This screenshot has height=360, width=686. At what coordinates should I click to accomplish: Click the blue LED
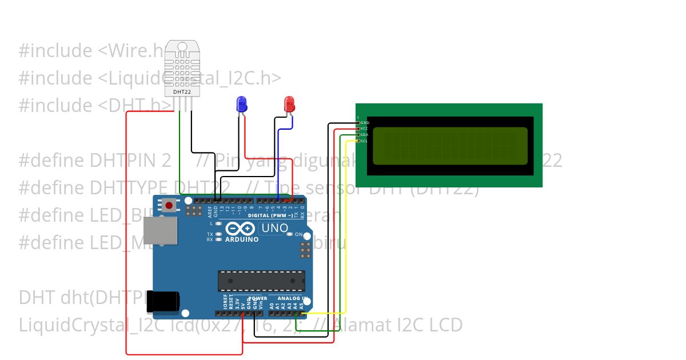(x=242, y=104)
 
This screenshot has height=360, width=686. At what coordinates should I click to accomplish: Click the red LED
(x=289, y=104)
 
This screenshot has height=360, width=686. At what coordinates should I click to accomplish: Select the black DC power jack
(x=163, y=301)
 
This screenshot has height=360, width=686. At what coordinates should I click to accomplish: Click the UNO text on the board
(x=275, y=228)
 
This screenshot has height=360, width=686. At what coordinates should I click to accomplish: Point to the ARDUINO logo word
(x=242, y=239)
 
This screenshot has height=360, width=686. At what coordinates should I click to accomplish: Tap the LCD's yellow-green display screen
(x=449, y=145)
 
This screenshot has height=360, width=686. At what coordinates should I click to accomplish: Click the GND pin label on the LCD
(x=365, y=123)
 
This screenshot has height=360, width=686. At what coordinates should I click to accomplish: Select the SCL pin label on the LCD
(x=364, y=141)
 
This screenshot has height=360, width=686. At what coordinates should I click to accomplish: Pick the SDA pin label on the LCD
(x=364, y=135)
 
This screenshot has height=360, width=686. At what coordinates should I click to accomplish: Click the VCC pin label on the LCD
(x=364, y=129)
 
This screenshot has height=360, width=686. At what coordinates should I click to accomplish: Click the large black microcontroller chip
(x=261, y=281)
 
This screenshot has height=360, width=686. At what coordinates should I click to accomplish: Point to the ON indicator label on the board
(x=299, y=235)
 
